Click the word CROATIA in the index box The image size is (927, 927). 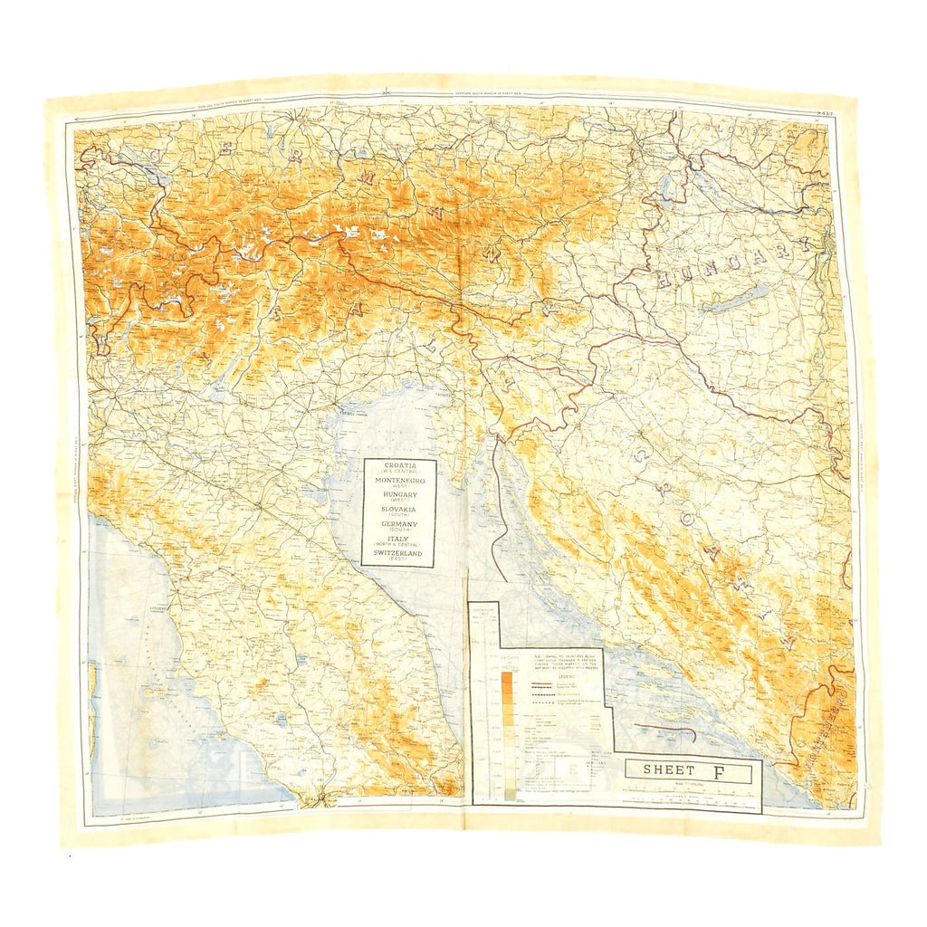(x=399, y=464)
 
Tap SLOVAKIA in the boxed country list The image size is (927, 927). (x=399, y=509)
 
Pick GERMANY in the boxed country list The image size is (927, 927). (x=399, y=523)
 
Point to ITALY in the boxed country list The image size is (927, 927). (x=399, y=538)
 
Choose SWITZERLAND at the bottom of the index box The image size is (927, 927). (x=399, y=552)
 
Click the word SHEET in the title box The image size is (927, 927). (x=669, y=770)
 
